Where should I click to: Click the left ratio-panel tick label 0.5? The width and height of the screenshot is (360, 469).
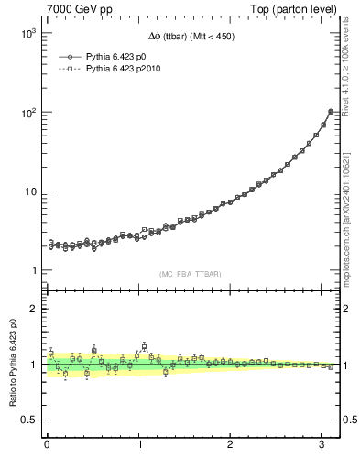(x=28, y=420)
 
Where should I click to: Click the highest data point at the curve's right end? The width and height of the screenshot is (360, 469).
(x=330, y=112)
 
